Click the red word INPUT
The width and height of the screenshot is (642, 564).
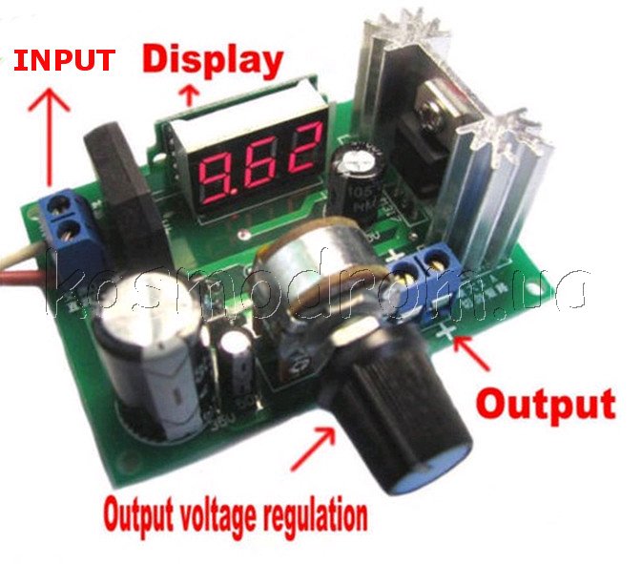[x=63, y=60]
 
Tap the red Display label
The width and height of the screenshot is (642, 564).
[x=213, y=59]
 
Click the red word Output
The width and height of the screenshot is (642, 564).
[x=546, y=403]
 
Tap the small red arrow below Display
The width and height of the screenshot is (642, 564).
[x=189, y=93]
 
